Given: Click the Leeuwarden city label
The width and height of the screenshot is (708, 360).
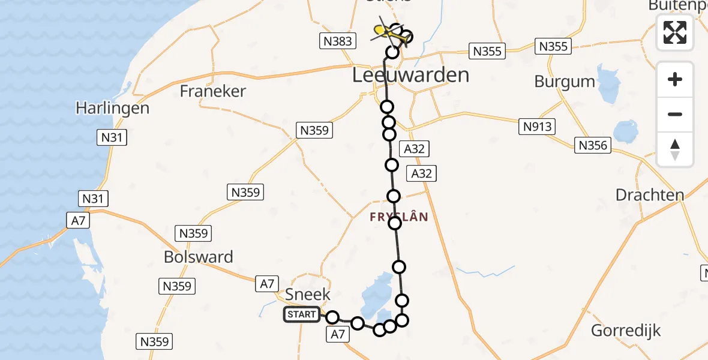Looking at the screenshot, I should [410, 76].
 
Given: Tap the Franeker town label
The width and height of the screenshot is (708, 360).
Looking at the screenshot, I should [213, 91].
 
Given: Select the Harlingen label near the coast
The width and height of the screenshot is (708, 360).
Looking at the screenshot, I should [112, 109].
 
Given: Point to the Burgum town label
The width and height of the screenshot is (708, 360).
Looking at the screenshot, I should [565, 82].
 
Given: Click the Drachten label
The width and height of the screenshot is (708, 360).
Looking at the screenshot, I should [650, 195].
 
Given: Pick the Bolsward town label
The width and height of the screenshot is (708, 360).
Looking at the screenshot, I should [199, 257].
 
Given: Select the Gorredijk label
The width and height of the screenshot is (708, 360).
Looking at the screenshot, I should [626, 331].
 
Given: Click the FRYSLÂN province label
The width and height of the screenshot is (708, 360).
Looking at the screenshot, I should [399, 217].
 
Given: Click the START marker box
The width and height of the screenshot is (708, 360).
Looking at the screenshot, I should [302, 314].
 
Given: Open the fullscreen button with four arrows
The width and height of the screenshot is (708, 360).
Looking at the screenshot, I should [675, 32].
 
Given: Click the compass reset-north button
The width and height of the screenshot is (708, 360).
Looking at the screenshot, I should [675, 149].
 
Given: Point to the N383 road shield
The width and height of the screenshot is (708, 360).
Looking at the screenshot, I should [337, 41].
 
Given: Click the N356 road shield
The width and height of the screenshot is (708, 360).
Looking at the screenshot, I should [593, 145].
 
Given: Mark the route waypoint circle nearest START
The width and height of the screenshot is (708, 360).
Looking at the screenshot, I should [332, 317].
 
